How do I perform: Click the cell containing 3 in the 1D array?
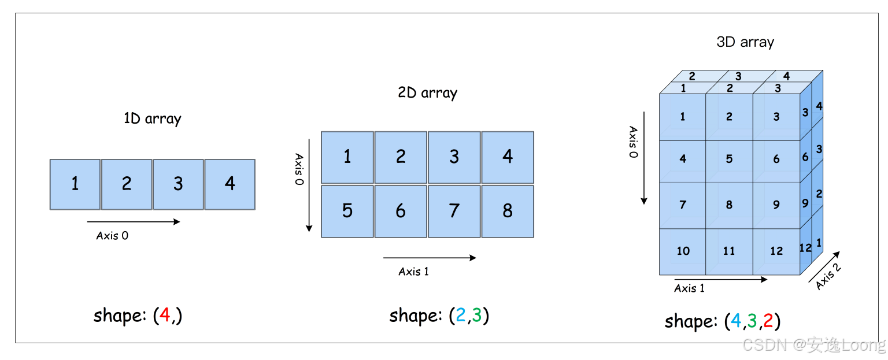tap(178, 184)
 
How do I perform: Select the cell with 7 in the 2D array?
tap(454, 211)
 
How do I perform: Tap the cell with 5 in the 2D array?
tap(347, 211)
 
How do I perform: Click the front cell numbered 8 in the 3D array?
tap(729, 205)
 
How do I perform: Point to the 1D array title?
tap(152, 119)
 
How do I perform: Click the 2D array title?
tap(427, 93)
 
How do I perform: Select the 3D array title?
tap(745, 42)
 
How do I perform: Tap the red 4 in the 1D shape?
tap(165, 316)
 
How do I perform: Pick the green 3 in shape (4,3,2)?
tap(752, 321)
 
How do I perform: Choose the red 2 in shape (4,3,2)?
tap(768, 321)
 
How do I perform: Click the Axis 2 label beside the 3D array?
tap(828, 276)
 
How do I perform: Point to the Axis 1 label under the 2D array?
tap(413, 272)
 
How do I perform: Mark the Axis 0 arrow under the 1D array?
tap(133, 221)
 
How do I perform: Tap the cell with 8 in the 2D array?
tap(507, 211)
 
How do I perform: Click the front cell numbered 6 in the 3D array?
tap(776, 158)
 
